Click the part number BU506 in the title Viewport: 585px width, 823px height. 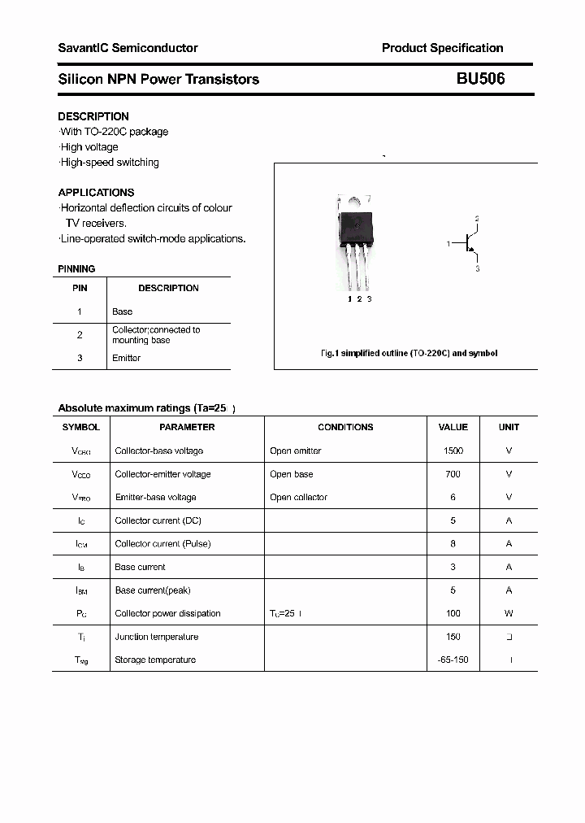(x=480, y=79)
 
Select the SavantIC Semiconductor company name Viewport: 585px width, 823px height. (x=128, y=48)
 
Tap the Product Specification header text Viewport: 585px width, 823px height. (x=442, y=48)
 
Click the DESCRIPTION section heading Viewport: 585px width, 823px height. (x=93, y=116)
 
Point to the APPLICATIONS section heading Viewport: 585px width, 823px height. (x=96, y=193)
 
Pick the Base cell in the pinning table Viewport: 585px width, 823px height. (x=122, y=311)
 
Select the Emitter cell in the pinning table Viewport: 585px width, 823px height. (x=126, y=358)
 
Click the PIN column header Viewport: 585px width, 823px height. (x=80, y=288)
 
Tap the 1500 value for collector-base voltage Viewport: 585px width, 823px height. (x=453, y=451)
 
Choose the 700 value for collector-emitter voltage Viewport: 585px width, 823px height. (x=453, y=474)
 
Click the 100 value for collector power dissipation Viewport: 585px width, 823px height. (x=453, y=613)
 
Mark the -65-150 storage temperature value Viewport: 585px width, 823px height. (x=453, y=660)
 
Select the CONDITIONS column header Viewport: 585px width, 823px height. (x=345, y=427)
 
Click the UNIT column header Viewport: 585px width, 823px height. (x=509, y=427)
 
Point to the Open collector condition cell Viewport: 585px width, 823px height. (x=298, y=497)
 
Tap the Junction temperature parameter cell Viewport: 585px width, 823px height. (x=156, y=637)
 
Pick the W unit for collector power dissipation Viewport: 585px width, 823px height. (x=509, y=613)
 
